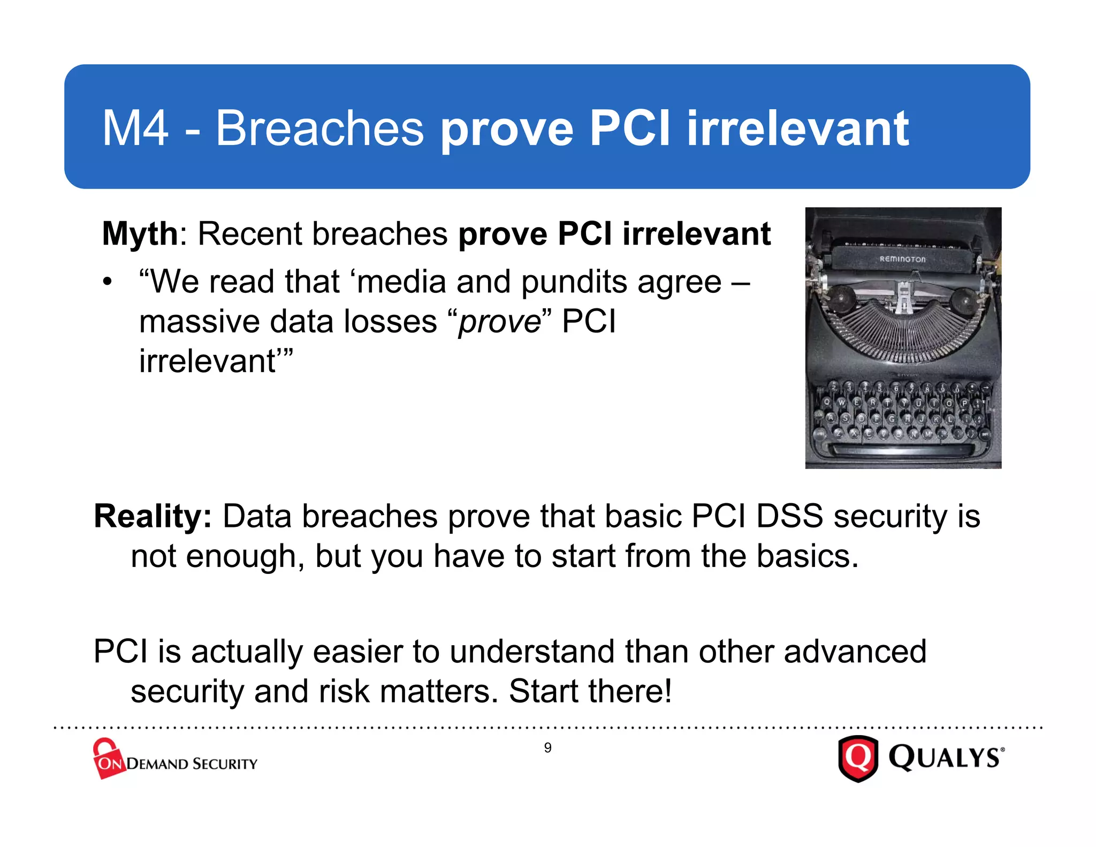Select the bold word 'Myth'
(x=140, y=234)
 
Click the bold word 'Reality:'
(x=153, y=517)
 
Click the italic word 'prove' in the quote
(x=500, y=322)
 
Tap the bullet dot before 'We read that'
(x=108, y=282)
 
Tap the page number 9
(x=547, y=748)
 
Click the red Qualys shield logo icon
(x=858, y=758)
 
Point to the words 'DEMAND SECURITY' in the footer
(x=192, y=764)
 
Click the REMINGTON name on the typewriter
(x=902, y=259)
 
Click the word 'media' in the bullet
(x=401, y=282)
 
